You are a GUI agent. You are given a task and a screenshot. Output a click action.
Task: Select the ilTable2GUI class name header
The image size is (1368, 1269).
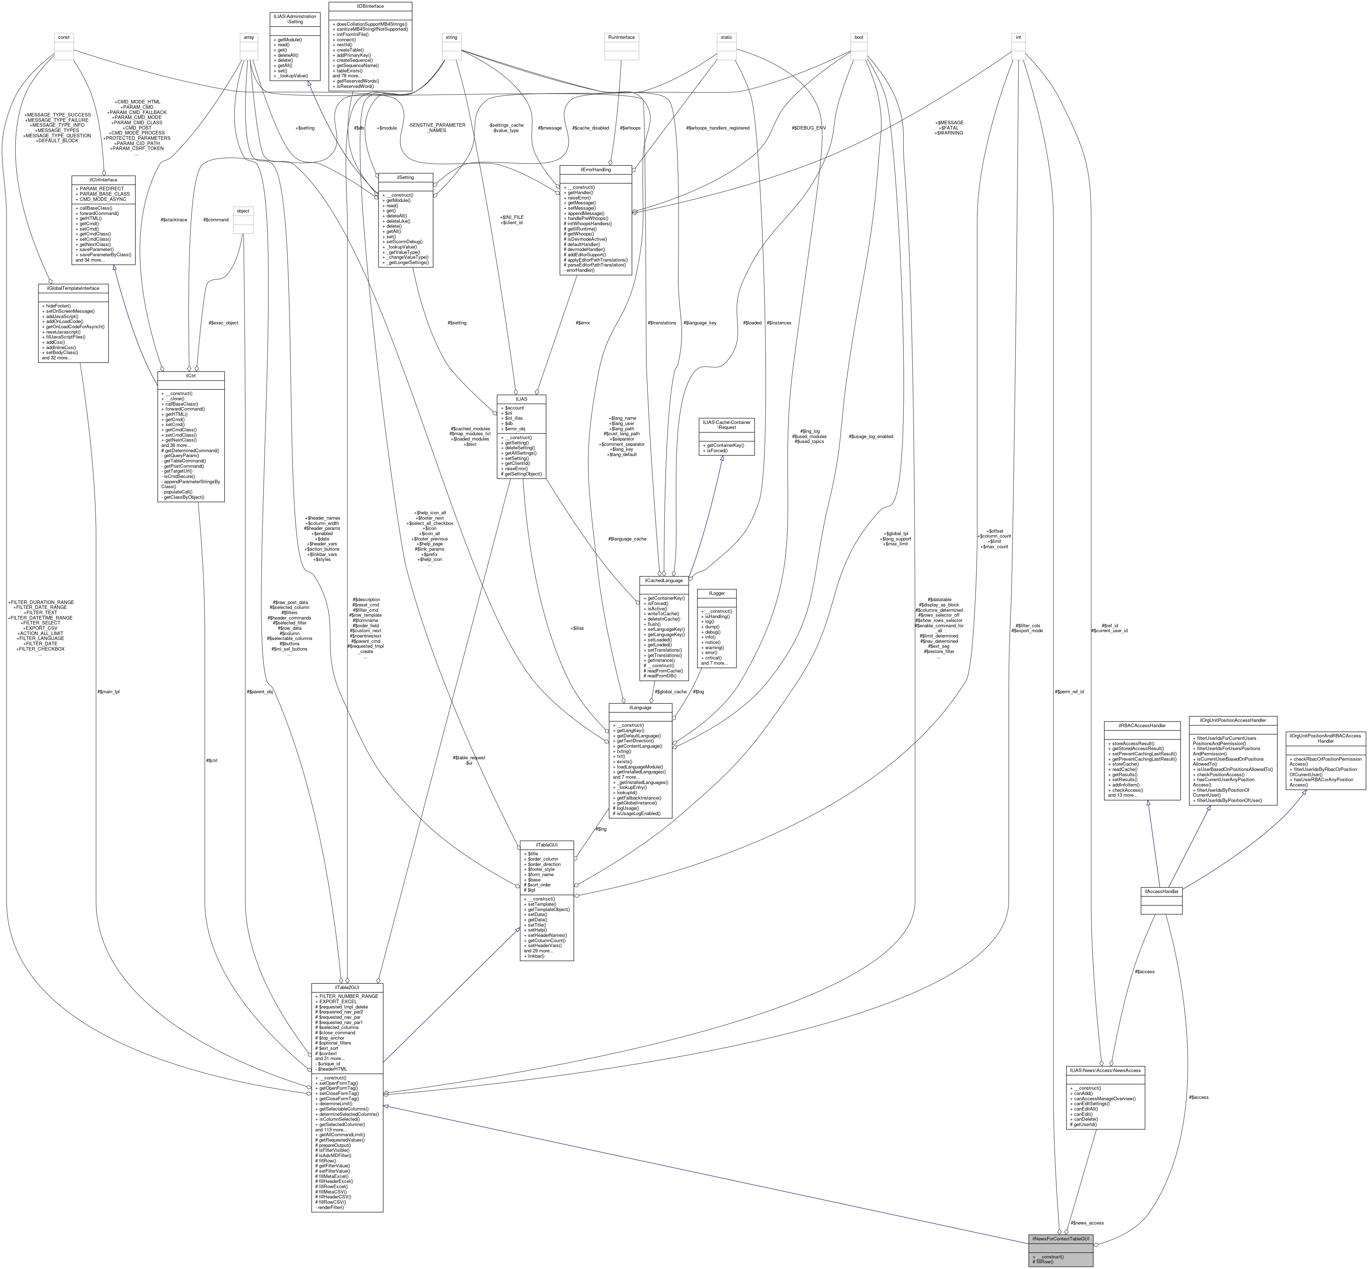coord(347,987)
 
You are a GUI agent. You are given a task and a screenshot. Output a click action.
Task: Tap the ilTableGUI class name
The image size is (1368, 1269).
coord(546,844)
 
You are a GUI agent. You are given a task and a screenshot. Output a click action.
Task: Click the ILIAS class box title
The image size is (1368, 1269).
coord(521,398)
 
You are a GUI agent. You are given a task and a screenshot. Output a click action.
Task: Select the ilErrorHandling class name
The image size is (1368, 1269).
coord(596,169)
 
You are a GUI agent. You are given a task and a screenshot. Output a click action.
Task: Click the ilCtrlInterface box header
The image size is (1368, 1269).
coord(104,179)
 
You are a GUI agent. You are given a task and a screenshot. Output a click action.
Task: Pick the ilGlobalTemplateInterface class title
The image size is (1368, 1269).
coord(73,288)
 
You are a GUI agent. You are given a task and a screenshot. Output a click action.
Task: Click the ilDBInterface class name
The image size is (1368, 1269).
coord(370,6)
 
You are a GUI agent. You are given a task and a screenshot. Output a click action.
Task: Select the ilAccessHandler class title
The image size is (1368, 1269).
coord(1161,891)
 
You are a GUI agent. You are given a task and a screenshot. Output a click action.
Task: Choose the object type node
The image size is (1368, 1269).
coord(243,211)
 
